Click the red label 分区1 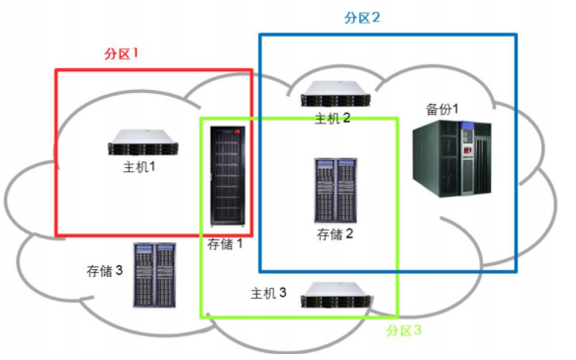point(122,54)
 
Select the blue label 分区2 point(361,19)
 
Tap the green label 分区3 point(404,329)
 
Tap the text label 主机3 point(268,293)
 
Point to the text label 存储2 point(335,234)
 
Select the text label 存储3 point(104,270)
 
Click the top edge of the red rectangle point(153,69)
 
